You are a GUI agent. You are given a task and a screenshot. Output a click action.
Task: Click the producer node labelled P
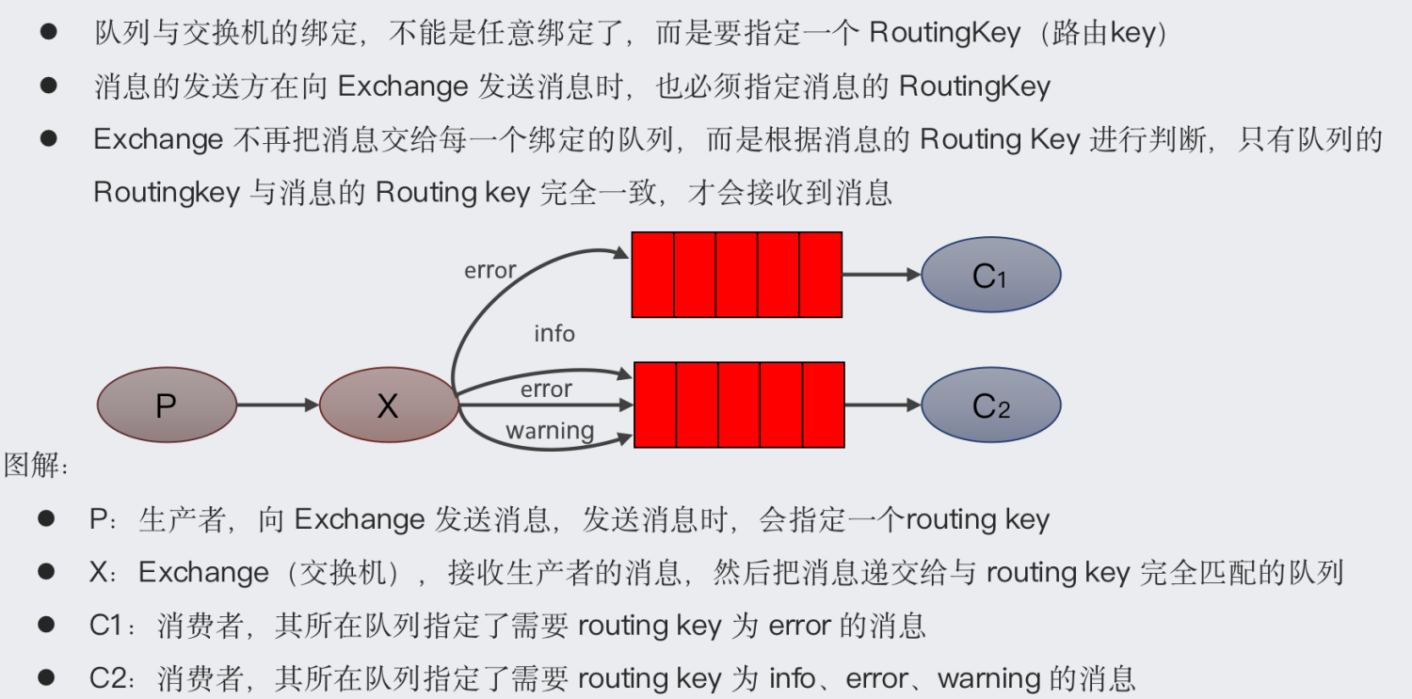coord(167,405)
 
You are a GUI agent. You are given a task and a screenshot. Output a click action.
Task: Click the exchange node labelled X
coord(389,405)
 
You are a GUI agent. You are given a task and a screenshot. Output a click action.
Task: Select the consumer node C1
coord(990,275)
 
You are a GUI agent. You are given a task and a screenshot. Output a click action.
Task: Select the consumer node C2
coord(990,405)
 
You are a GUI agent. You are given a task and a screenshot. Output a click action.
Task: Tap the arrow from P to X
coord(278,405)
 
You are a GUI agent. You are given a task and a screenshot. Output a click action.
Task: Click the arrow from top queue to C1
coord(881,275)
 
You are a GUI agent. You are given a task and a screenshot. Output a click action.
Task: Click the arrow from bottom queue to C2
coord(883,405)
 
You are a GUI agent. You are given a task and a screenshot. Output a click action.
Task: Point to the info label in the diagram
coord(554,334)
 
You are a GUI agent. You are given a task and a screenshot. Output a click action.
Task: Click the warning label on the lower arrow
coord(550,431)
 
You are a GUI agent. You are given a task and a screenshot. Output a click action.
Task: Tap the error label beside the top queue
coord(489,271)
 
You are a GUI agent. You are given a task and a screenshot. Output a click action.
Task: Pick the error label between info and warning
coord(546,389)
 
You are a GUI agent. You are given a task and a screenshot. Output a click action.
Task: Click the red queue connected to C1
coord(736,275)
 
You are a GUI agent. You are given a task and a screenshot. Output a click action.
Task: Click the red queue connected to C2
coord(739,405)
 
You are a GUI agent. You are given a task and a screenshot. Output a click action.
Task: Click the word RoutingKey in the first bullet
coord(944,34)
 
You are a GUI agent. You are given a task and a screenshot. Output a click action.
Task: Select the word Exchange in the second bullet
coord(402,87)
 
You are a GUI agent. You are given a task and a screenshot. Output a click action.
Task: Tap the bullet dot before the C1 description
coord(46,624)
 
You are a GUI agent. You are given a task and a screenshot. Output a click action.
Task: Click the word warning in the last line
coord(988,677)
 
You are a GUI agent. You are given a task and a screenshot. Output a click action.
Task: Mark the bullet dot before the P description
coord(46,518)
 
